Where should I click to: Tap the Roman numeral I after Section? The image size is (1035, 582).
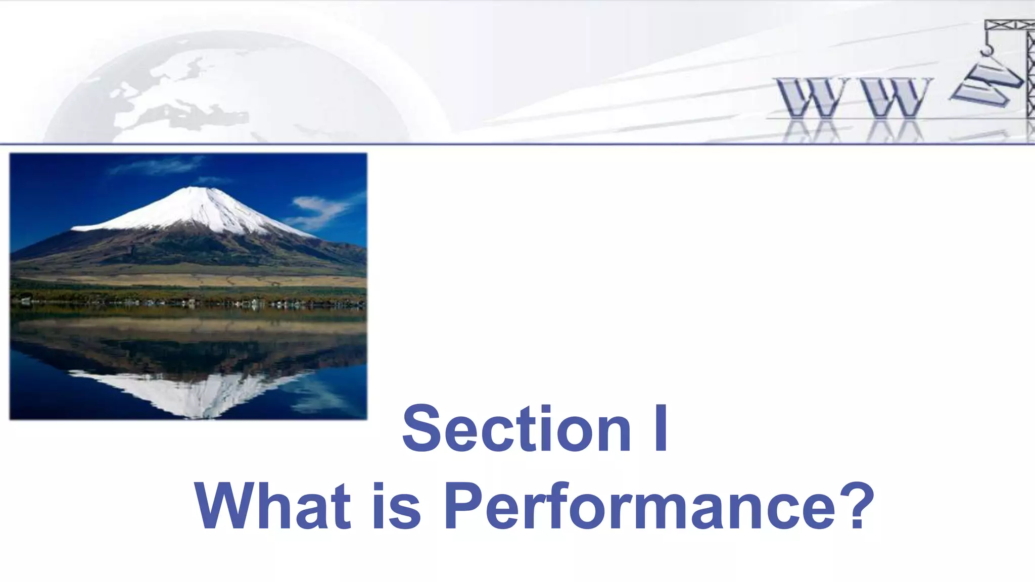[x=660, y=429]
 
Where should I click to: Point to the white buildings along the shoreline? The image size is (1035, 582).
[x=253, y=303]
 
